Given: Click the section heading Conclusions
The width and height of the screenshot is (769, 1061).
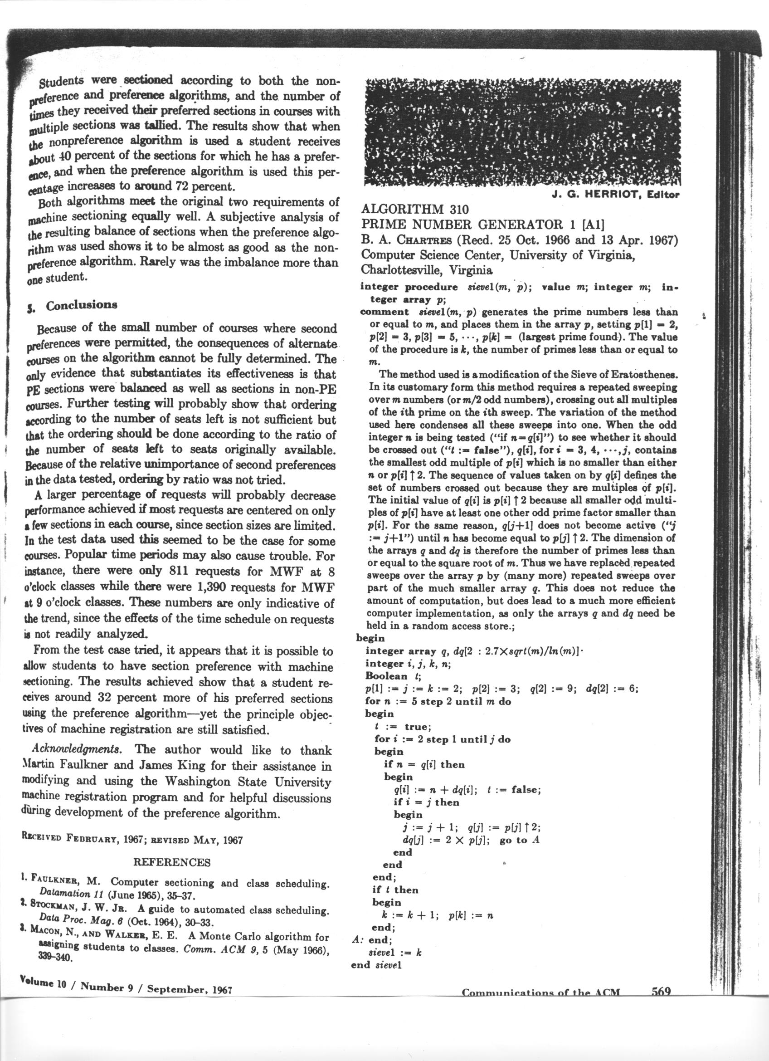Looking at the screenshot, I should (x=81, y=305).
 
